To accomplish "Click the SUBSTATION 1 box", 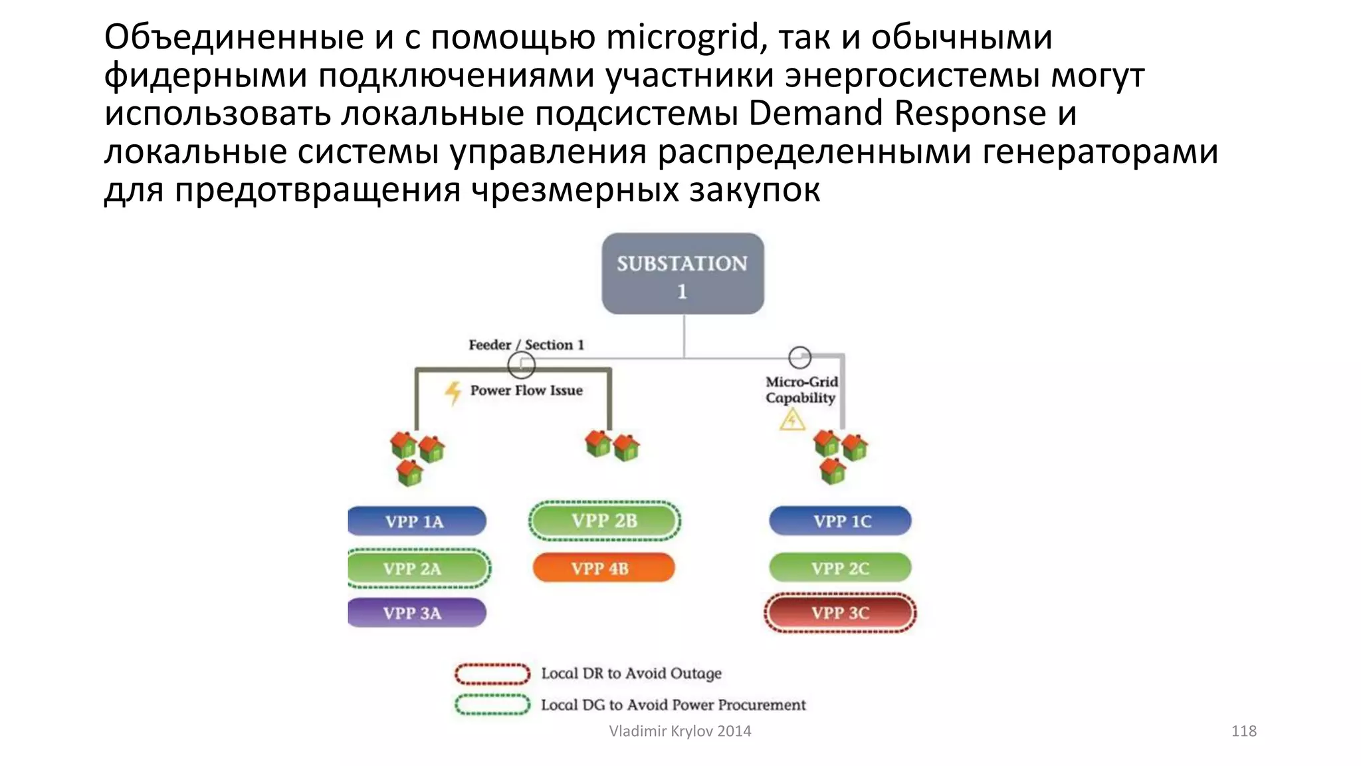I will (682, 273).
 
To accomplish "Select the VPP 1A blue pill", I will (416, 521).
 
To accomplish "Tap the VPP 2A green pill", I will (417, 569).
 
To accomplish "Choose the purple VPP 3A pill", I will (416, 612).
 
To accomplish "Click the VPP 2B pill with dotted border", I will (605, 521).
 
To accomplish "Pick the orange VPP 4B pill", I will (603, 568).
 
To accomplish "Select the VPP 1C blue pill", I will (841, 521).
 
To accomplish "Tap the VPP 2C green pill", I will (840, 569).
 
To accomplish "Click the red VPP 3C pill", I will (840, 612).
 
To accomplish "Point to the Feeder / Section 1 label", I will (526, 344).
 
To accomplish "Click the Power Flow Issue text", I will (526, 390).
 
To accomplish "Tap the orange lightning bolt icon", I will (453, 392).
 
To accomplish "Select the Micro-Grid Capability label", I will (801, 390).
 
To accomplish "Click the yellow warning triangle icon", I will (792, 420).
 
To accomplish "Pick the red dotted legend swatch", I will (492, 674).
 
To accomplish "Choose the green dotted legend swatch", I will (492, 704).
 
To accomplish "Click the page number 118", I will (1243, 731).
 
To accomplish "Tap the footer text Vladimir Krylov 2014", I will (680, 731).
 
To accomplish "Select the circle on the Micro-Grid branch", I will (799, 358).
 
